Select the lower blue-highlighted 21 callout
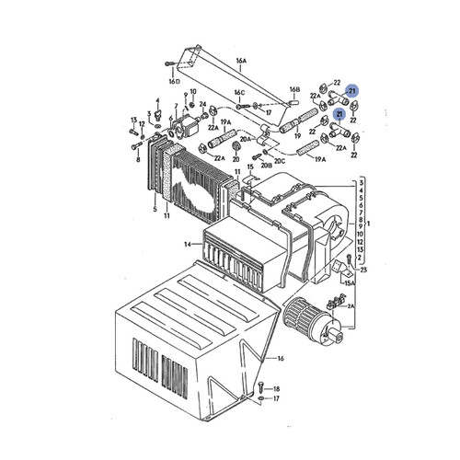click(x=340, y=113)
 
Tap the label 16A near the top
click(x=241, y=62)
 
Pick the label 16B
click(x=294, y=90)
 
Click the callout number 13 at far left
click(x=133, y=120)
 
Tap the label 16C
click(x=238, y=93)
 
